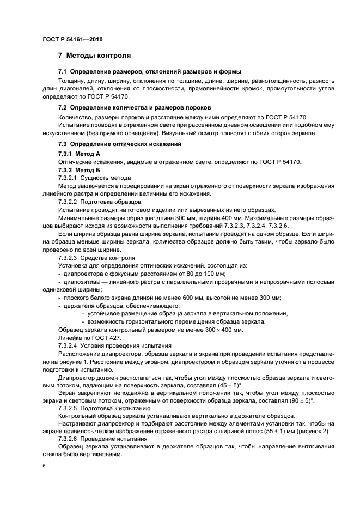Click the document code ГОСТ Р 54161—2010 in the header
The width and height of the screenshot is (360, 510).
pos(72,40)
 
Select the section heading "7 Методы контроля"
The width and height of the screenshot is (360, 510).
pos(94,56)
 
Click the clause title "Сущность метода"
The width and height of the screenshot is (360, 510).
pos(105,178)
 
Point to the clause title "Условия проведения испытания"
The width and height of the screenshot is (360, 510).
pos(126,345)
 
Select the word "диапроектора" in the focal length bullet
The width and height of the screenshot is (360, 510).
pos(88,272)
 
